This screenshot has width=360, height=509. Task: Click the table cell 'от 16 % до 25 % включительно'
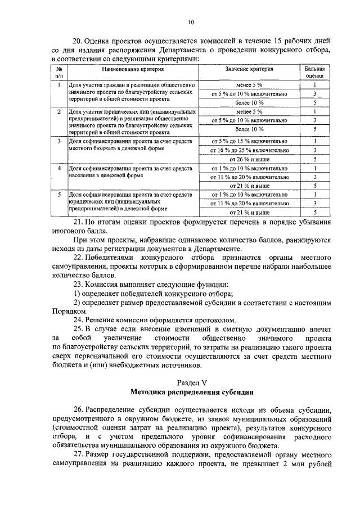point(249,151)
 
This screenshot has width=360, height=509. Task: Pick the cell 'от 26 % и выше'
point(249,159)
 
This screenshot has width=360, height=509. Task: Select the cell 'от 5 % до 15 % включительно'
point(249,141)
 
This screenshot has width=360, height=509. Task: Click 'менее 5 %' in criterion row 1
point(249,84)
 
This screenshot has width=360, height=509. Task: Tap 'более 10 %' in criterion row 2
point(249,129)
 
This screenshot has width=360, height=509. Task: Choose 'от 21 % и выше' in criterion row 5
point(249,213)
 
